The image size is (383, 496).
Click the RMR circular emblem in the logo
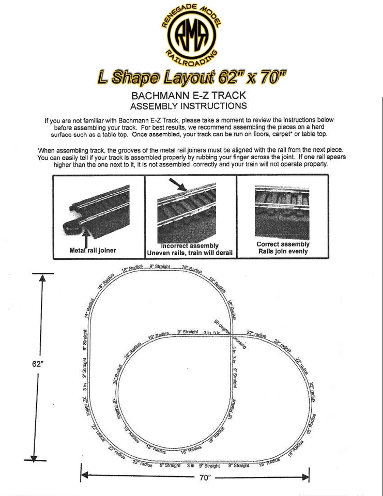click(x=191, y=35)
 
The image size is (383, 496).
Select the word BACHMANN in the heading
click(x=160, y=96)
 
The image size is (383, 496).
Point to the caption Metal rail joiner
click(x=93, y=250)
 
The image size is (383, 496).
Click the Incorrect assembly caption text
click(x=190, y=245)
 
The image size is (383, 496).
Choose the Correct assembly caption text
click(x=283, y=244)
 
